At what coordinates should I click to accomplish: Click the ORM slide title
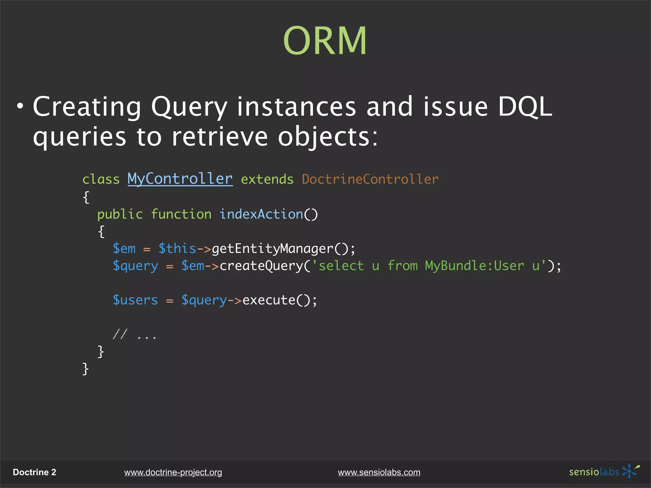coord(325,41)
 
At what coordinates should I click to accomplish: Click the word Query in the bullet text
coord(189,107)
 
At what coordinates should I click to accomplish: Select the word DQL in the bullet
coord(524,107)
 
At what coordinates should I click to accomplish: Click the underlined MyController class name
coord(180,179)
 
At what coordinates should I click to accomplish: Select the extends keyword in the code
coord(267,180)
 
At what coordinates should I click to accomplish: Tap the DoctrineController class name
coord(370,180)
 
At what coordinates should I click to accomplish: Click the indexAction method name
coord(261,214)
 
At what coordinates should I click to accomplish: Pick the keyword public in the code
coord(120,214)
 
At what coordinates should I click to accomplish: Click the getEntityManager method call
coord(272,249)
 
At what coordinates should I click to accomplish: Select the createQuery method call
coord(261,266)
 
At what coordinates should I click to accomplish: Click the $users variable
coord(135,300)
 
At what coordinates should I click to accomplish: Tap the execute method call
coord(269,300)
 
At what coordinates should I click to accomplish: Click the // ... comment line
coord(135,335)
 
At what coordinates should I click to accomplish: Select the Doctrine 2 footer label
coord(34,472)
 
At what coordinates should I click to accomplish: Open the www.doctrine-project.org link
coord(173,472)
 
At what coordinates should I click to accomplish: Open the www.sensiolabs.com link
coord(379,472)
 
